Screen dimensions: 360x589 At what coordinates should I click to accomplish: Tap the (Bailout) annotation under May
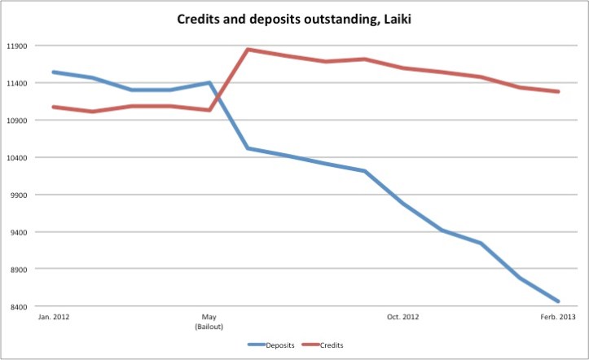click(x=209, y=326)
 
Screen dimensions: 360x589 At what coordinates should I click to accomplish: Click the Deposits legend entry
click(x=279, y=345)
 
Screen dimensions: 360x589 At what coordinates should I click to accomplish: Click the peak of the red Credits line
click(x=248, y=50)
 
